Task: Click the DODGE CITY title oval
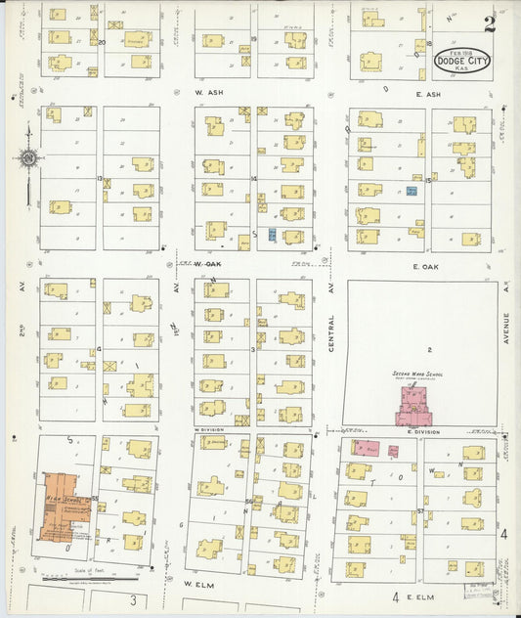click(x=463, y=62)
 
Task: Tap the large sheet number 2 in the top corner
click(x=489, y=24)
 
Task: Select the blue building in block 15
click(x=412, y=191)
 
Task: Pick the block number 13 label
click(x=100, y=179)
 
